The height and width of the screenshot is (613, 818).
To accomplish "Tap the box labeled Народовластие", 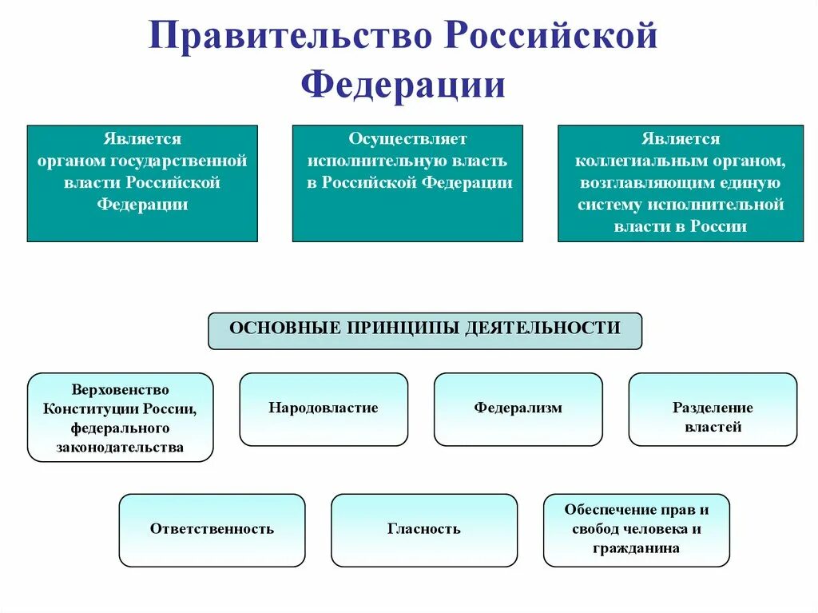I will click(x=324, y=408).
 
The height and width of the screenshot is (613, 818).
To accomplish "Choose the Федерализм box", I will click(x=518, y=408).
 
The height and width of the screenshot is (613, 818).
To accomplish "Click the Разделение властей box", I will click(x=713, y=417).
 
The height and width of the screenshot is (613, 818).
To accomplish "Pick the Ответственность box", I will click(x=212, y=529).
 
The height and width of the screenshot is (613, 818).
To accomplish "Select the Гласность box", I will click(x=423, y=529).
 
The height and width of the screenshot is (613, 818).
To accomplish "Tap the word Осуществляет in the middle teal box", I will click(x=407, y=140).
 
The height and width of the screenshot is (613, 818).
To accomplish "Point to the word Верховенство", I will click(x=121, y=391).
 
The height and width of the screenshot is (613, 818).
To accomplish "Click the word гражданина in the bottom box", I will click(x=636, y=548).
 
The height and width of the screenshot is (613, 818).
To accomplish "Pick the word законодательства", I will click(x=121, y=448).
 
